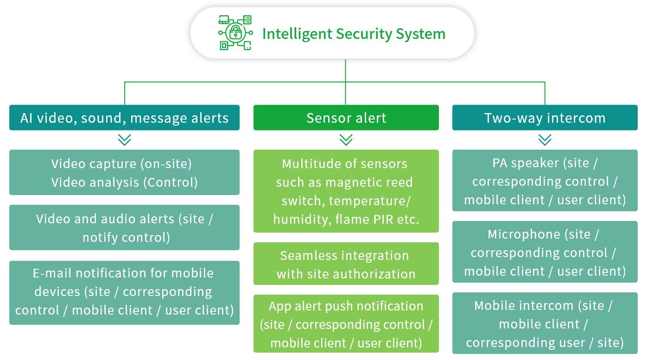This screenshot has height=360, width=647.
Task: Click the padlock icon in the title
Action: pos(235,32)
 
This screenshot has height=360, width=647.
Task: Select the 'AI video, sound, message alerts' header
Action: pos(125,118)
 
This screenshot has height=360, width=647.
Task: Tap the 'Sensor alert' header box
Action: pos(346,118)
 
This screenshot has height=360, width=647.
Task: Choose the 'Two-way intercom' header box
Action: pos(545,118)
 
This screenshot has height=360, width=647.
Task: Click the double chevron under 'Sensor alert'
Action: pos(346,140)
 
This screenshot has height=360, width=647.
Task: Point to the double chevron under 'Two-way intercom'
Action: pos(545,140)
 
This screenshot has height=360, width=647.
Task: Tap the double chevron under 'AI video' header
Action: pos(125,140)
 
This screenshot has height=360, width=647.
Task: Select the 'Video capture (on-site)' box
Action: pos(125,172)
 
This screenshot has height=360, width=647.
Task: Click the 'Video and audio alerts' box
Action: pos(125,227)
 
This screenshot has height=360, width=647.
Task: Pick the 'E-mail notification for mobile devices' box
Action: pos(125,293)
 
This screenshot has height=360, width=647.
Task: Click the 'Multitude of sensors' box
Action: pos(346,191)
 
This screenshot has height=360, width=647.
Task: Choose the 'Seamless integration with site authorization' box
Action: pos(346,264)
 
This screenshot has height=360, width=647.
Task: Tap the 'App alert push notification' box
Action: pos(346,323)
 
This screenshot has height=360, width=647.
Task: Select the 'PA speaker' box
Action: pos(545,180)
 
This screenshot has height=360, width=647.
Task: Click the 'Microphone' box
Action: pos(545,252)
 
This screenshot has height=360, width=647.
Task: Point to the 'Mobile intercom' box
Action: pos(545,323)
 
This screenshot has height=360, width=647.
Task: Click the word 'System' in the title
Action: pos(420,34)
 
